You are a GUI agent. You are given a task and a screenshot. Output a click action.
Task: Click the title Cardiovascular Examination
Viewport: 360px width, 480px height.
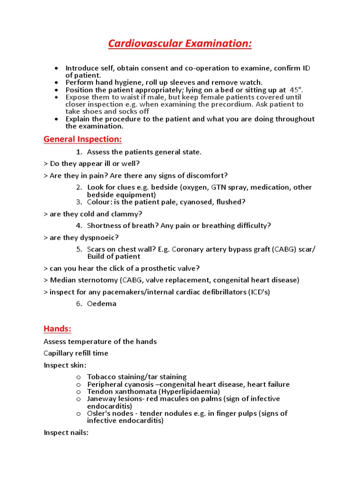tap(180, 44)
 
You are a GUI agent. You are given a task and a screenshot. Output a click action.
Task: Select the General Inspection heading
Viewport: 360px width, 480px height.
tap(82, 139)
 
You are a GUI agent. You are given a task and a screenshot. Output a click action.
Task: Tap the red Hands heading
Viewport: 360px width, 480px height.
tap(57, 328)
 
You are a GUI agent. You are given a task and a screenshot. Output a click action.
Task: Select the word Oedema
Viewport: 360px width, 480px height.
tap(102, 304)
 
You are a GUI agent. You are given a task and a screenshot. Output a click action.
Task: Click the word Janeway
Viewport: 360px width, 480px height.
tap(101, 399)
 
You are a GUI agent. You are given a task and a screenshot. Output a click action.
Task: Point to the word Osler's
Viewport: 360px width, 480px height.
tap(99, 413)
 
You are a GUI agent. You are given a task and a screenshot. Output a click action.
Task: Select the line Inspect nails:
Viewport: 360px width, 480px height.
tap(66, 433)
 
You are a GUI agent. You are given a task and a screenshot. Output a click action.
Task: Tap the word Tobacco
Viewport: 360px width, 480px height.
tap(101, 377)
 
